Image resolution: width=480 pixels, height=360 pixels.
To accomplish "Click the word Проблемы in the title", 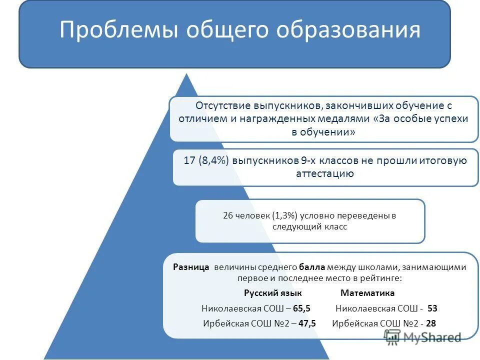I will point(118,30).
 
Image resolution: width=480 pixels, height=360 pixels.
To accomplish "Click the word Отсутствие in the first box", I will point(223,106).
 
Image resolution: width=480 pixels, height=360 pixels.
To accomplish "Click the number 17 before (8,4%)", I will point(189,161).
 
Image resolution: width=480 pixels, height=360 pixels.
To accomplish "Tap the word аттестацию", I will point(325,173).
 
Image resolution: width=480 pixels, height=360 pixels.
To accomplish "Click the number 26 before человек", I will point(228,215).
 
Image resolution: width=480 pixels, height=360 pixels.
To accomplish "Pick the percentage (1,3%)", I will point(285,215).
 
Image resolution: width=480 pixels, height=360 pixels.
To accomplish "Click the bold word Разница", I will point(191,267).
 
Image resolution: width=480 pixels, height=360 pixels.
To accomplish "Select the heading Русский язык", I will point(273,293).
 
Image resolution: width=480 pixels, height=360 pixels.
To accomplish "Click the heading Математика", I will point(367,293).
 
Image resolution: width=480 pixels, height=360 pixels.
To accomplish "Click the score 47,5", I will point(307,323).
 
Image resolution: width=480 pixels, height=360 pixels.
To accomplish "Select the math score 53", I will point(432,309).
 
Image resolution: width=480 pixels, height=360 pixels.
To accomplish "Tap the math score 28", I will point(431,323).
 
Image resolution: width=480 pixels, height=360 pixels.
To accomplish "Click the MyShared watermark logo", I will point(422,337).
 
